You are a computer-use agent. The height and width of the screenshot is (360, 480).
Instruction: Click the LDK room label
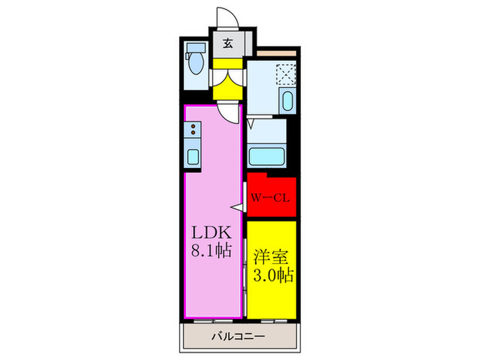click(x=211, y=232)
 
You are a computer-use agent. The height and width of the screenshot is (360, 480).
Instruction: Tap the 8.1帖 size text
click(x=211, y=250)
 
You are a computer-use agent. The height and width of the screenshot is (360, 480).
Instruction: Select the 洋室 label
click(x=272, y=257)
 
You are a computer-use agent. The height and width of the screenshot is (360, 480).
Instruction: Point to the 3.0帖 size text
click(x=274, y=275)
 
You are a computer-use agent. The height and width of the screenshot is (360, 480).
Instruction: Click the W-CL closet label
click(x=270, y=197)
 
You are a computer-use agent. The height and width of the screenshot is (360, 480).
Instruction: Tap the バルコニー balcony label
click(x=239, y=337)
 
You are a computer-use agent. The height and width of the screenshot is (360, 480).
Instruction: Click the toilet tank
click(x=196, y=47)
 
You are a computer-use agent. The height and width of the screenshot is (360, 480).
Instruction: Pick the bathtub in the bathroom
click(x=267, y=156)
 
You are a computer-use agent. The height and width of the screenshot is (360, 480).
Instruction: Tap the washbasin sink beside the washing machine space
click(x=287, y=100)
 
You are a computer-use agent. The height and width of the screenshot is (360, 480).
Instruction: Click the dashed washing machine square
click(x=286, y=74)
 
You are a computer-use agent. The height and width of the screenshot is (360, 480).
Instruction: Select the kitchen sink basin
click(x=193, y=157)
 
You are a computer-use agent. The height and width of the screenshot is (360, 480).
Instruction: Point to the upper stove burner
click(x=193, y=126)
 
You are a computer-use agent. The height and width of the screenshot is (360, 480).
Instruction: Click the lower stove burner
click(x=193, y=132)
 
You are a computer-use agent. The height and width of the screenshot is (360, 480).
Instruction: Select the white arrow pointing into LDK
click(x=237, y=208)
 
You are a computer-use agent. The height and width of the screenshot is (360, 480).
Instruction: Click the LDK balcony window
click(x=213, y=321)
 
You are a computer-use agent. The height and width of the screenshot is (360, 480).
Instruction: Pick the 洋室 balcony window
click(x=274, y=321)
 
